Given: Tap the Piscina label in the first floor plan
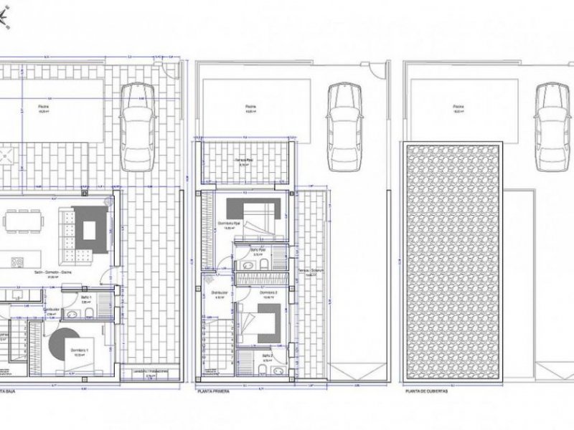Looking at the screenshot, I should tap(250, 109).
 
